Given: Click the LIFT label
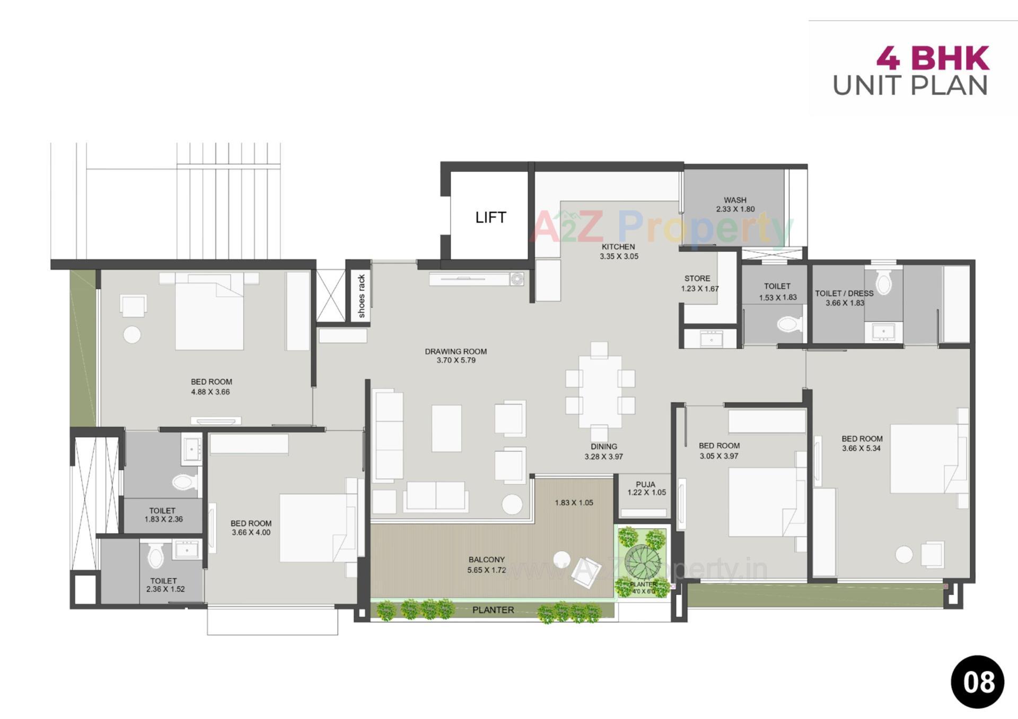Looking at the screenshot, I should pyautogui.click(x=490, y=217).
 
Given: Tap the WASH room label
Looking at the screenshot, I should pyautogui.click(x=735, y=200).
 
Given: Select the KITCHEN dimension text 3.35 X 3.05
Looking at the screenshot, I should pyautogui.click(x=619, y=256).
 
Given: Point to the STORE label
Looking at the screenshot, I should pyautogui.click(x=697, y=278).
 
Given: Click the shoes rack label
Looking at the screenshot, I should pyautogui.click(x=362, y=296).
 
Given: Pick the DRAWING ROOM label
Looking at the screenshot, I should pyautogui.click(x=455, y=351).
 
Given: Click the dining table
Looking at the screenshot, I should pyautogui.click(x=600, y=392).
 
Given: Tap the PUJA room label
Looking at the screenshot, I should pyautogui.click(x=645, y=484).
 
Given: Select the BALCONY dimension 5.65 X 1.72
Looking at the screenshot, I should pyautogui.click(x=486, y=570).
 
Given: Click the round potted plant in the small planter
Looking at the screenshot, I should pyautogui.click(x=643, y=562).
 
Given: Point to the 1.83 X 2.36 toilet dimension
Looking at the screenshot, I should pyautogui.click(x=163, y=519).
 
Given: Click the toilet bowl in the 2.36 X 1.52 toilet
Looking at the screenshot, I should pyautogui.click(x=156, y=556).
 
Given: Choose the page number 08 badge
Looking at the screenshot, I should pyautogui.click(x=977, y=682).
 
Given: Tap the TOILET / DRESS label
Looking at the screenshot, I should pyautogui.click(x=844, y=293).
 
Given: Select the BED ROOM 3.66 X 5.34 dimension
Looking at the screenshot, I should pyautogui.click(x=861, y=448).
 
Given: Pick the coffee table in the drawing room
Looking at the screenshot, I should pyautogui.click(x=446, y=428).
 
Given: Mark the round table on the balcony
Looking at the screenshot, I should pyautogui.click(x=561, y=559).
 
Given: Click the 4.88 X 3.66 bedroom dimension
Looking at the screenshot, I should pyautogui.click(x=210, y=392).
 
